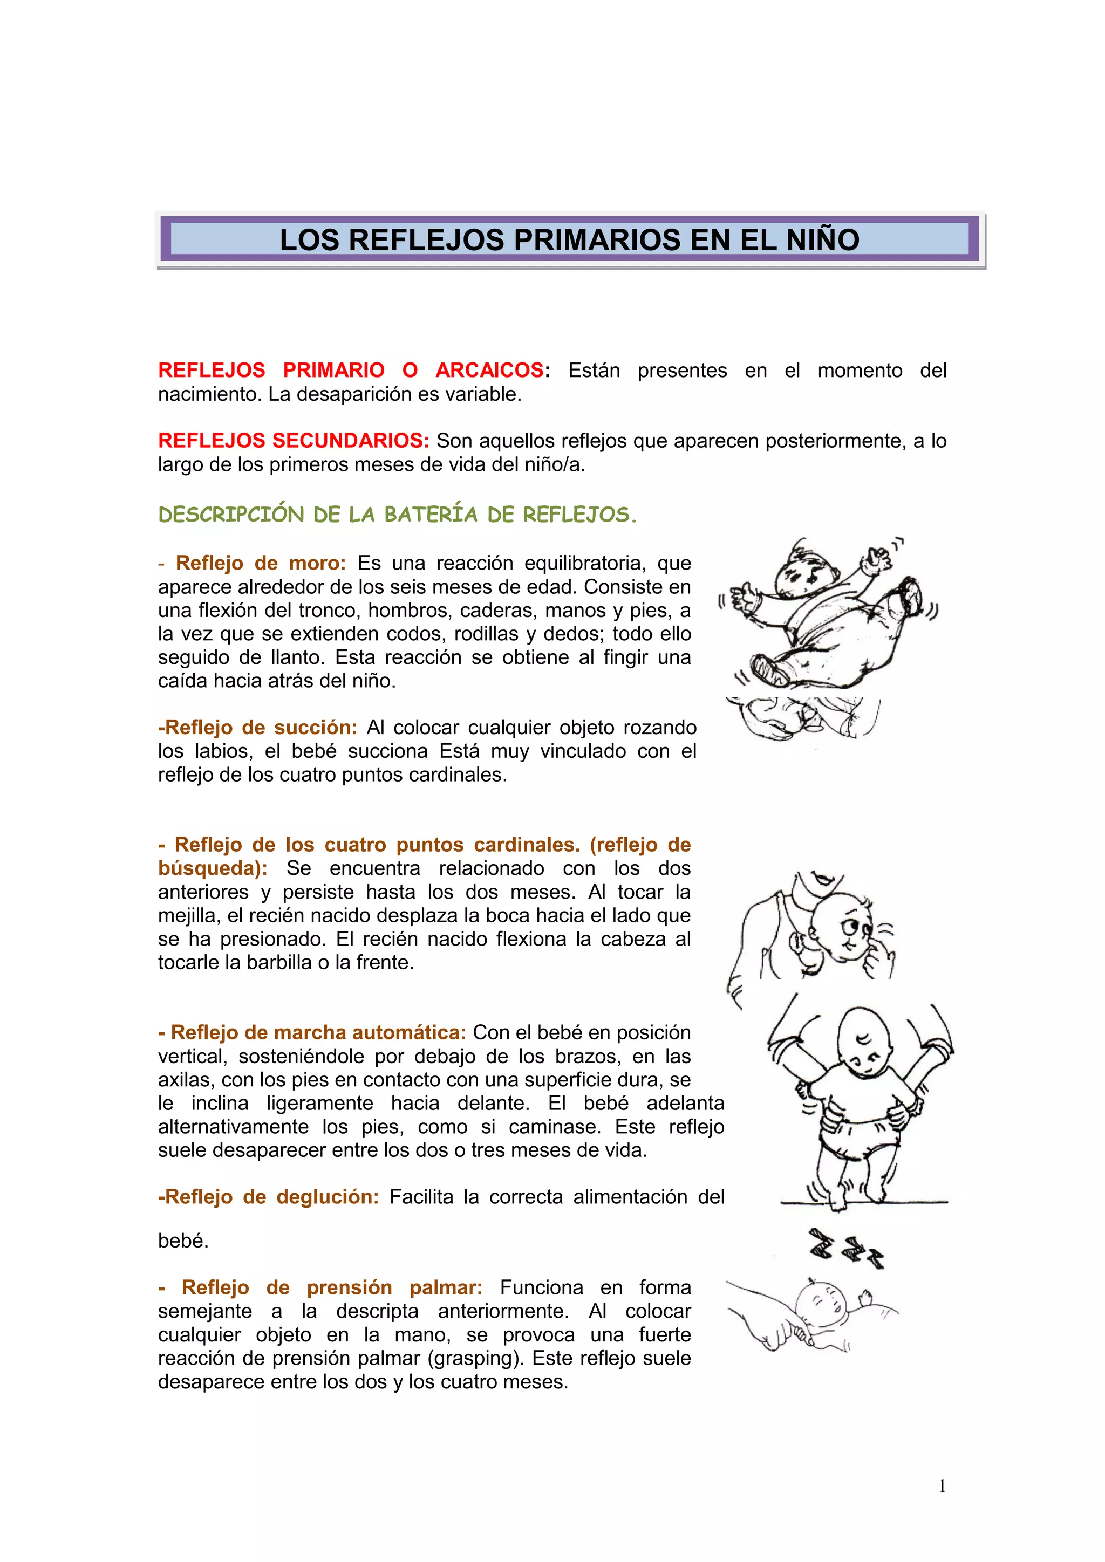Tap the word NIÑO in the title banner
[x=823, y=240]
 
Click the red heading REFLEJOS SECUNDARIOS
[x=294, y=441]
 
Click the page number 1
[x=942, y=1486]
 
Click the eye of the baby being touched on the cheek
[x=849, y=927]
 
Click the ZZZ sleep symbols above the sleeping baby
[x=846, y=1247]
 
